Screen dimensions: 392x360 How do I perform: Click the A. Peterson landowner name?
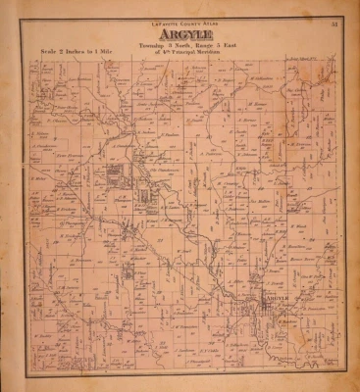pyautogui.click(x=212, y=153)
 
